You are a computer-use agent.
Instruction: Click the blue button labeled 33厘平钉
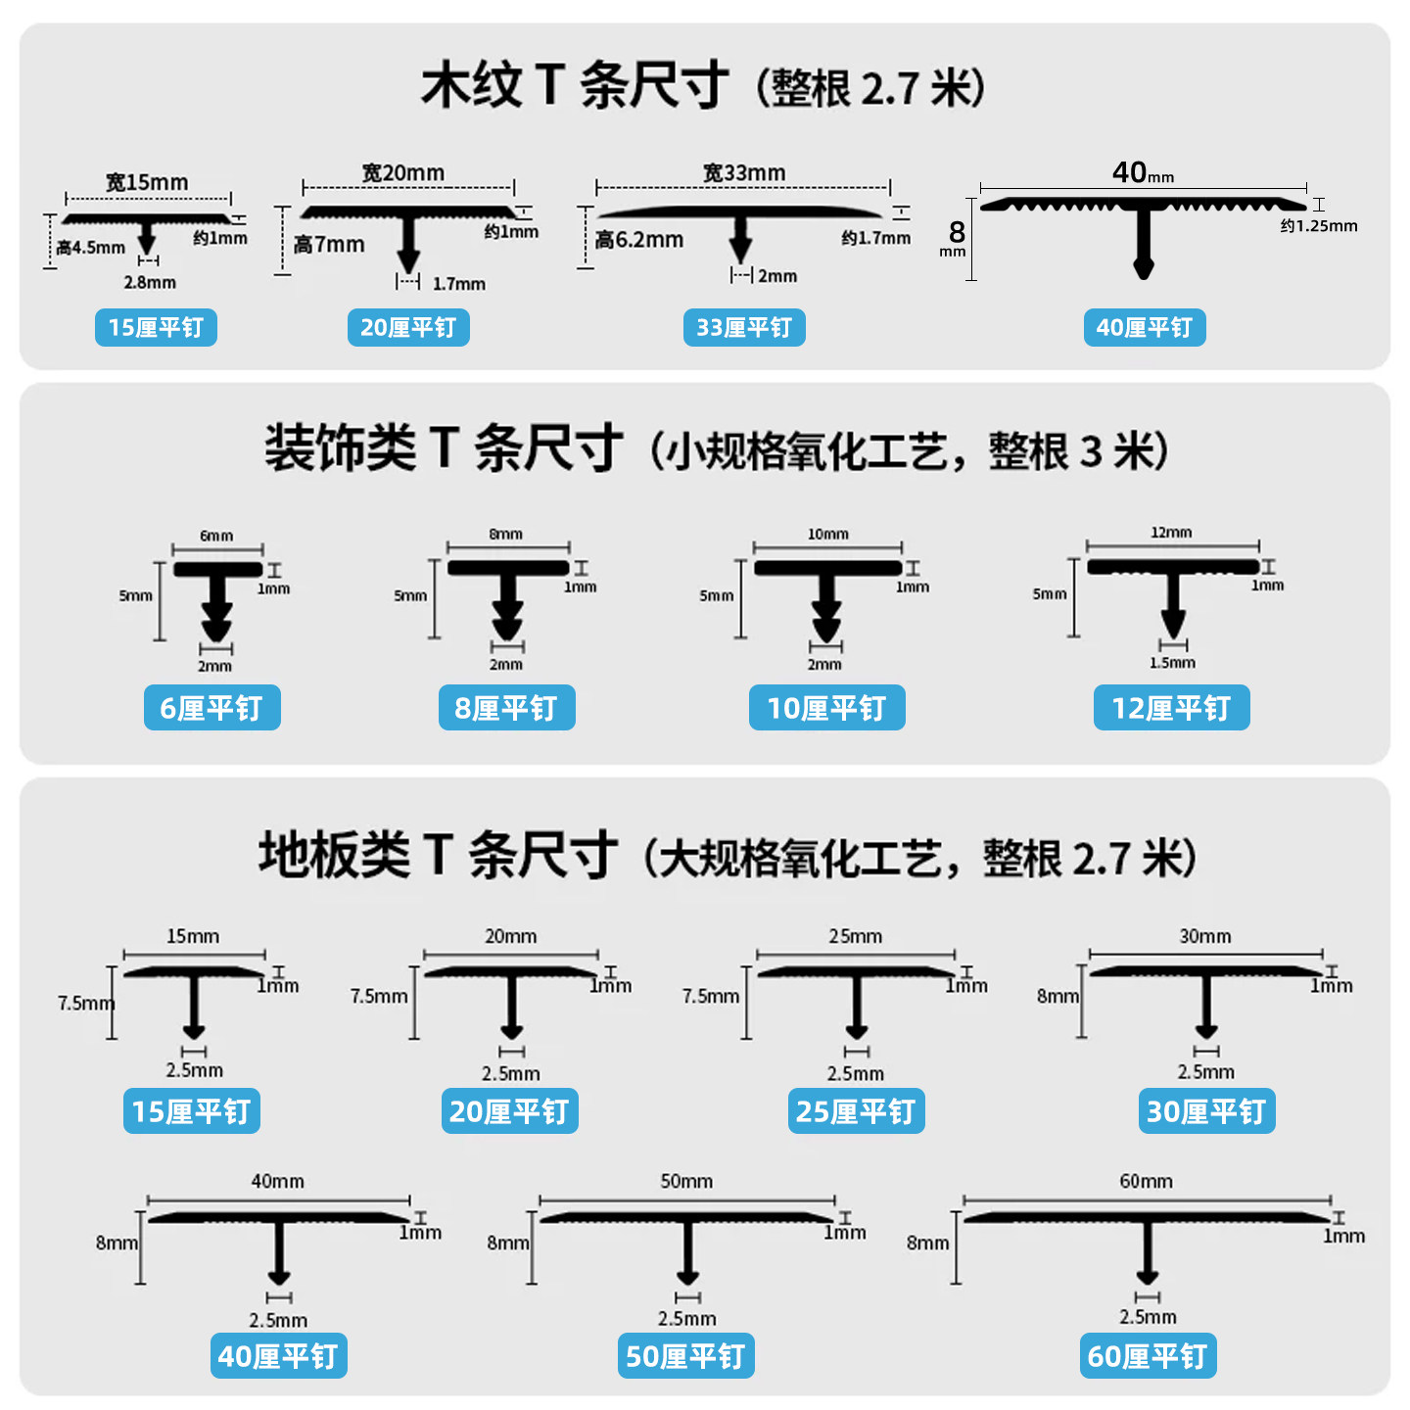[743, 327]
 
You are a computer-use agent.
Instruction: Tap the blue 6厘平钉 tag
[212, 707]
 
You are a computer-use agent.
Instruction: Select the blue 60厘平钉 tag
[1148, 1355]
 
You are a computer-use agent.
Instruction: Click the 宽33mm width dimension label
[744, 173]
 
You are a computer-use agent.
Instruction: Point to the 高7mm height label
[329, 245]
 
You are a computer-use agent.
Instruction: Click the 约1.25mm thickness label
[1319, 226]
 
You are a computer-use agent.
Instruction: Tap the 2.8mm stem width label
[150, 282]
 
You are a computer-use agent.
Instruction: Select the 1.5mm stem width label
[1172, 663]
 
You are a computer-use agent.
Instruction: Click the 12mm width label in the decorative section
[1171, 533]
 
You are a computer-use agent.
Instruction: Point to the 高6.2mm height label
[638, 240]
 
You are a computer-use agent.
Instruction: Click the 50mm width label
[686, 1181]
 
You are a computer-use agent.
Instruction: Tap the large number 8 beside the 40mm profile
[957, 232]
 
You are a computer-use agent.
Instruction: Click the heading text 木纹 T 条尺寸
[575, 85]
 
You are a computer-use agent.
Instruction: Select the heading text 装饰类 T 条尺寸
[444, 447]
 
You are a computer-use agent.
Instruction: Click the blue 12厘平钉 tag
[1171, 707]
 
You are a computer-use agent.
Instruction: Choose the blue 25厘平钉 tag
[856, 1110]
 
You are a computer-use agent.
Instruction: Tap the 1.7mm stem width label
[459, 284]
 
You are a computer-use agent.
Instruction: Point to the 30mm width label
[1205, 937]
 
